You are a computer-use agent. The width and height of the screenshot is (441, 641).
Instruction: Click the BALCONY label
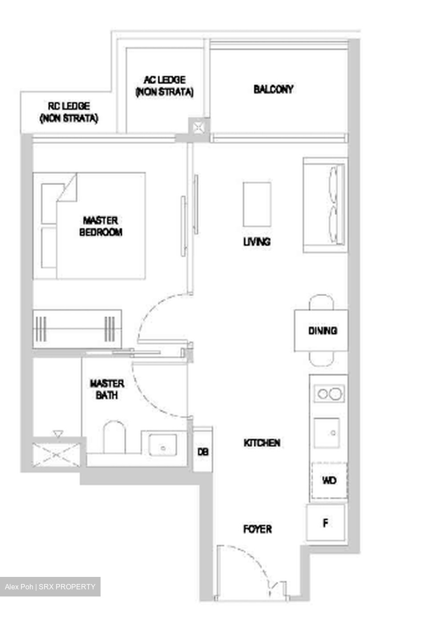273,89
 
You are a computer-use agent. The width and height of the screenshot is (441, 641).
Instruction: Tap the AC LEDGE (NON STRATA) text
164,86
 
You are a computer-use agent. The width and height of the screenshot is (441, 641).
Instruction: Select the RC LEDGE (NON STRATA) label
69,112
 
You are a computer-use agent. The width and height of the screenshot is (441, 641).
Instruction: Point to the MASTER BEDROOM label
101,226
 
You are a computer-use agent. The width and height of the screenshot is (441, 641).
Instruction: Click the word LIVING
257,242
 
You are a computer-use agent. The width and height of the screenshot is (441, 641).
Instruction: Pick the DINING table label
322,331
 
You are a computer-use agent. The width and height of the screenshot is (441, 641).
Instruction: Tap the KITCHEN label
262,443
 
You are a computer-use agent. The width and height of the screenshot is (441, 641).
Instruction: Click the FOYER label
257,529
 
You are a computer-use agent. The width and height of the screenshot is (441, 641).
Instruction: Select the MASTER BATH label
107,389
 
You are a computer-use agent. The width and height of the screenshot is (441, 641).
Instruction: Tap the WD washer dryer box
329,480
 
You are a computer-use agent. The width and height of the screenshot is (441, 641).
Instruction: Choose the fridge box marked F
326,523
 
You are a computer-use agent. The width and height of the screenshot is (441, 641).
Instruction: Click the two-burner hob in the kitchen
329,394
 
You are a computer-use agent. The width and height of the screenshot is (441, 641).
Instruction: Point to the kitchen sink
327,433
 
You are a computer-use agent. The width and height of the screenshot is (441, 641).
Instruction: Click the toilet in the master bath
114,437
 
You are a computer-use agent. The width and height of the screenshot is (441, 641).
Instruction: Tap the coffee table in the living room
257,204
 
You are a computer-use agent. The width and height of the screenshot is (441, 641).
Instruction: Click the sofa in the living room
325,205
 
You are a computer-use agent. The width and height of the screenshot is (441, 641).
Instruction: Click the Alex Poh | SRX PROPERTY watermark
50,587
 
